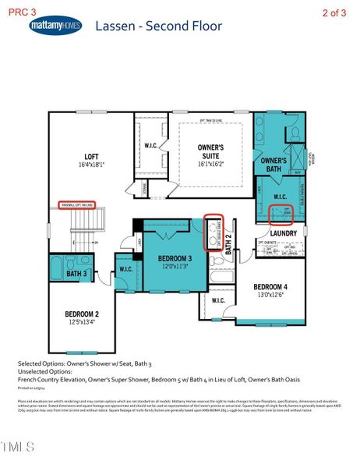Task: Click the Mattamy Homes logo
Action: (55, 26)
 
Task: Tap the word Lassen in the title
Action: (115, 26)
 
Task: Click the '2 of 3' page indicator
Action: (335, 12)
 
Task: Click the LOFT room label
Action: (71, 157)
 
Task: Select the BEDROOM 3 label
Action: (175, 258)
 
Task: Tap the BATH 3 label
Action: (76, 275)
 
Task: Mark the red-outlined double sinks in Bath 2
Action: (213, 232)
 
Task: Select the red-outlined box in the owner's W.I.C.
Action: (280, 213)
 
